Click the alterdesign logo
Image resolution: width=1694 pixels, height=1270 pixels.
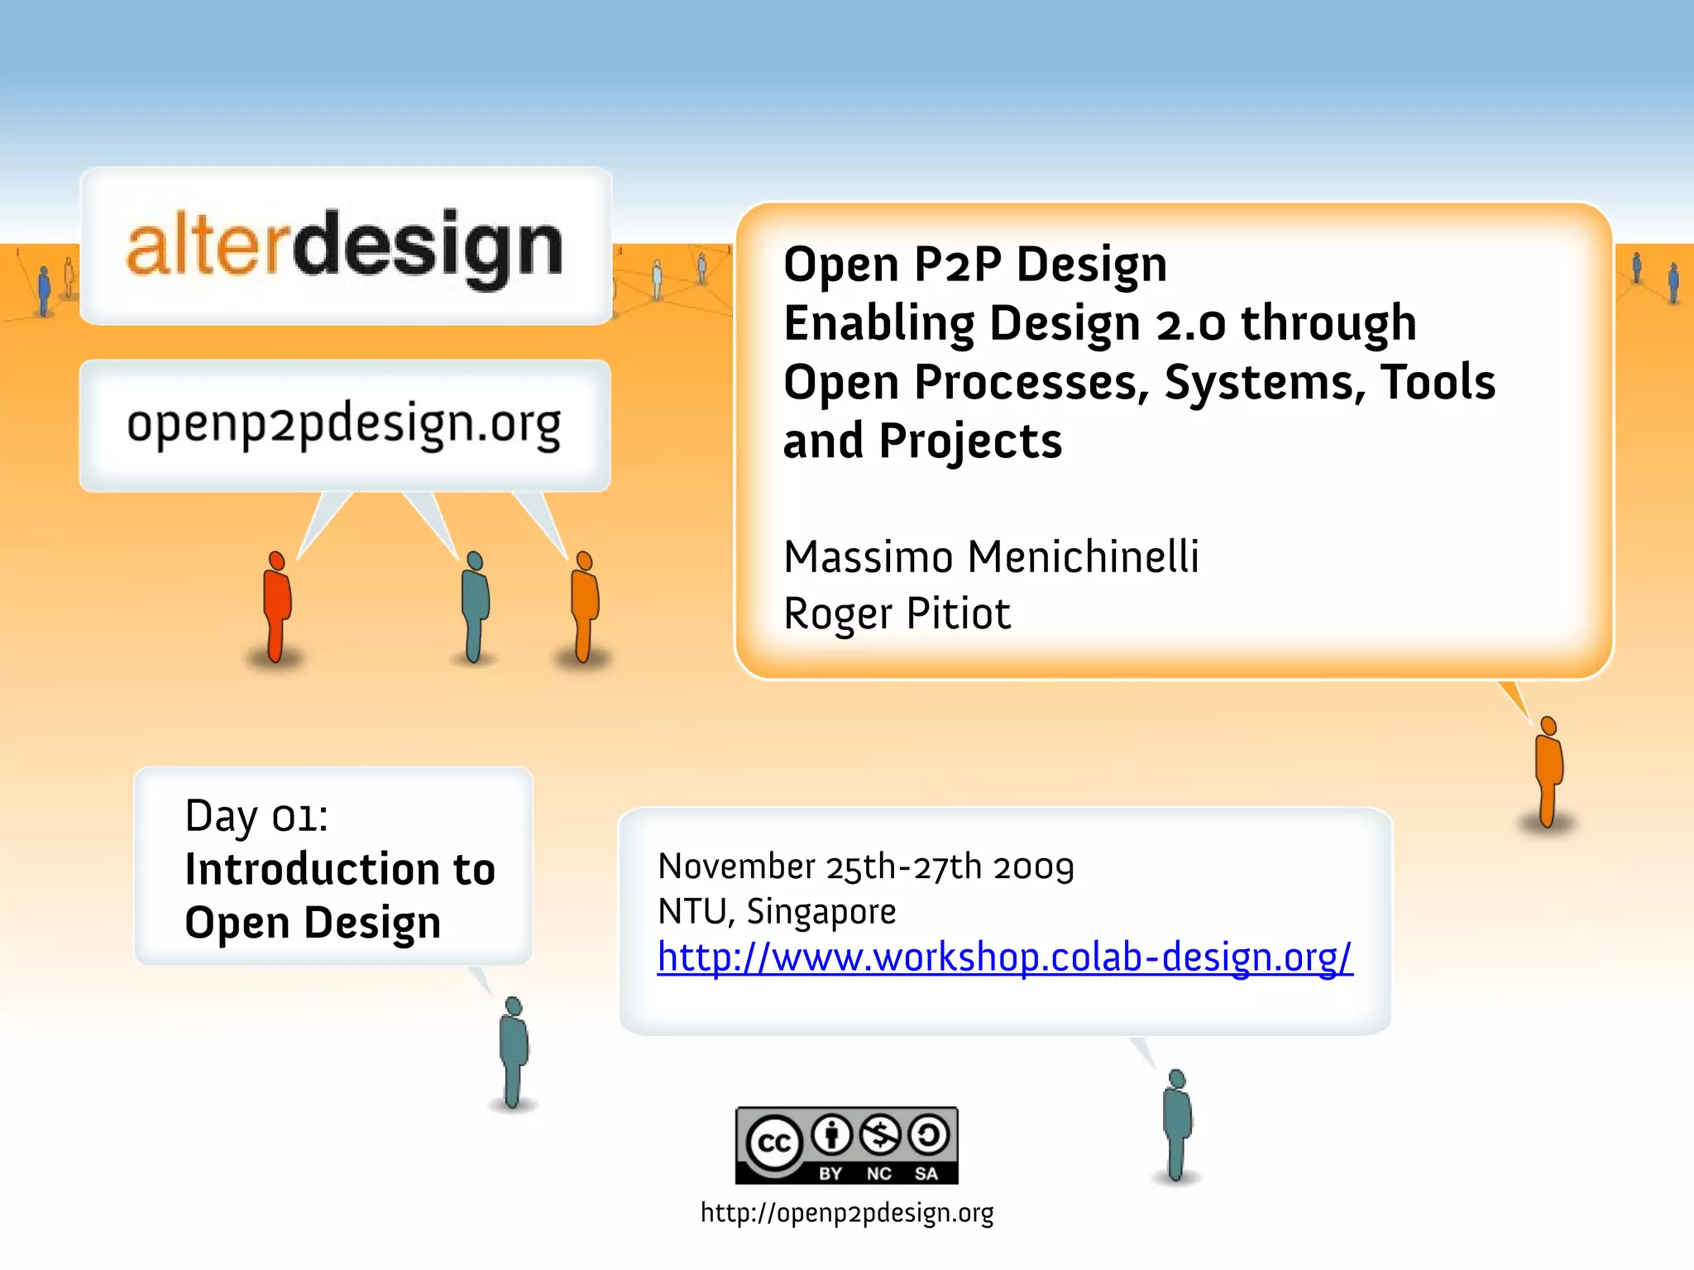pos(345,246)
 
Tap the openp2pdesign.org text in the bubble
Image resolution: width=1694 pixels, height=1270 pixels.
pos(344,424)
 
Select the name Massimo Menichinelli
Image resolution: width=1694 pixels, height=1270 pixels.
pos(990,556)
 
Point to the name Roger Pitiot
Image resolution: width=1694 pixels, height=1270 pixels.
pos(897,614)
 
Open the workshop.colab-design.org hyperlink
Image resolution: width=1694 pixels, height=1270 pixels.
pos(1004,957)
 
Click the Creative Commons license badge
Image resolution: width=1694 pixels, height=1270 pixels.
pos(846,1145)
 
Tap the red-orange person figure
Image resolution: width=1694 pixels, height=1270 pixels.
pos(276,606)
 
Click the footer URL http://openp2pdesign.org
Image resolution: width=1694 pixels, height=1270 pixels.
pos(846,1213)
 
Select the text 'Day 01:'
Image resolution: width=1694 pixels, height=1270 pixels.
pos(256,817)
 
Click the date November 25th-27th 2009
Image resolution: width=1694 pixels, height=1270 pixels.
pos(865,867)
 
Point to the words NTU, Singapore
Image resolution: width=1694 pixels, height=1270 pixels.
pos(776,912)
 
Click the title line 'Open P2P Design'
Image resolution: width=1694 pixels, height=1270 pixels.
pos(974,265)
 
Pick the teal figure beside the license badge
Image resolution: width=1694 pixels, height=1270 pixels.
pos(1176,1124)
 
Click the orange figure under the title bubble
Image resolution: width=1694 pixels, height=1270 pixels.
pos(1548,771)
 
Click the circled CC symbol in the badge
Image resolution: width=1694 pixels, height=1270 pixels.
pos(774,1143)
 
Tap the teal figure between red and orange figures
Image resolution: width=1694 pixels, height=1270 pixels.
pos(474,606)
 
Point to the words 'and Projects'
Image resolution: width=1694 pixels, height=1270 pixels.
pos(921,442)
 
